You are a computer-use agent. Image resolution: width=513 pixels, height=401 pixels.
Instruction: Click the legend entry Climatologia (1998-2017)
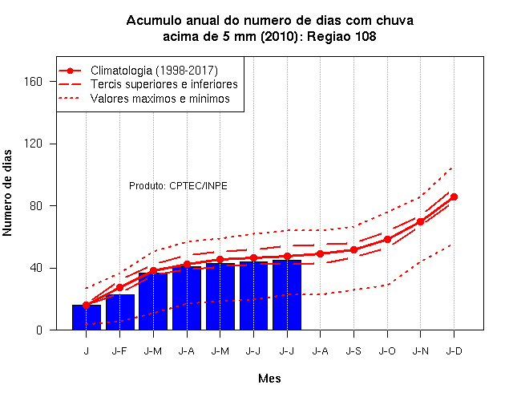coord(154,71)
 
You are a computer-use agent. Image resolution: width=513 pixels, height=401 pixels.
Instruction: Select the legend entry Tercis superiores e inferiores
coord(164,84)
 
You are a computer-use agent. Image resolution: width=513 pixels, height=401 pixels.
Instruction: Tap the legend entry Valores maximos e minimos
coord(160,99)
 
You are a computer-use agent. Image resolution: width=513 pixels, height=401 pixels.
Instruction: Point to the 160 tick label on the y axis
coord(33,82)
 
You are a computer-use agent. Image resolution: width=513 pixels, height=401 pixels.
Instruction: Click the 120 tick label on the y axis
coord(33,144)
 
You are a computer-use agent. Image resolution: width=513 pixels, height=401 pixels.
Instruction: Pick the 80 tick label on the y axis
coord(36,206)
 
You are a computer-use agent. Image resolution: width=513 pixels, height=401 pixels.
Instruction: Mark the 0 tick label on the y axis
coord(39,330)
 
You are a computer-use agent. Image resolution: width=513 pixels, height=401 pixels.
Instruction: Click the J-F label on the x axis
coord(119,351)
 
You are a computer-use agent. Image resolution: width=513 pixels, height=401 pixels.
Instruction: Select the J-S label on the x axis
coord(353,351)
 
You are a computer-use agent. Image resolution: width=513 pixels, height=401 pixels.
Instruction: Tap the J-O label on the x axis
coord(387,351)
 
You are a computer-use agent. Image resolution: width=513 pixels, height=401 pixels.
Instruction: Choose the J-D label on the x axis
coord(454,351)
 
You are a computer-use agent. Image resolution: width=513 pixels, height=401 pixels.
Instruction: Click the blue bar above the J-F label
coord(120,312)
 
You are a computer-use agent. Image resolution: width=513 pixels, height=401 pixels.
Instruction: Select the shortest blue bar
coord(87,318)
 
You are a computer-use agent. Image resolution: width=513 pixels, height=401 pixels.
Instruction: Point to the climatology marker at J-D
coord(454,197)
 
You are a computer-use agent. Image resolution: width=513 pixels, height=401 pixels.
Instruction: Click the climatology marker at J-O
coord(387,240)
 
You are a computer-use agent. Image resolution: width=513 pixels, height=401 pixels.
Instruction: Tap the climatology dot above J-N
coord(420,221)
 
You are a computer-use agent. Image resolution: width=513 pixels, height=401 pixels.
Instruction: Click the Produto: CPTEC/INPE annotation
coord(178,186)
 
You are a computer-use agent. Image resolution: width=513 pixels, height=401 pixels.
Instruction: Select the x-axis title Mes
coord(269,379)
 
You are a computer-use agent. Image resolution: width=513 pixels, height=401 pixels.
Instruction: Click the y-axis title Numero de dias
coord(7,192)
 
